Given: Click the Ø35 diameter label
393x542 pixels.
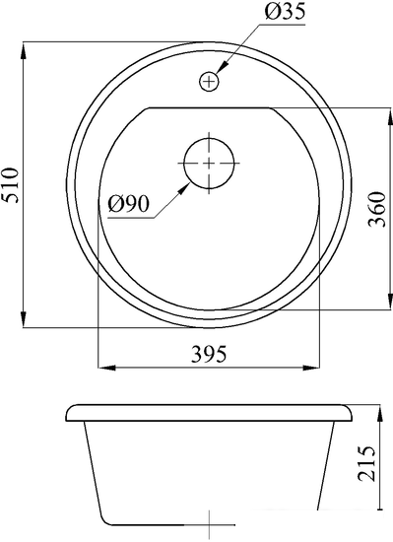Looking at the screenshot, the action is click(x=285, y=12).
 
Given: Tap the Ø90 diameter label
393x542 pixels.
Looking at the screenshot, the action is click(x=128, y=204).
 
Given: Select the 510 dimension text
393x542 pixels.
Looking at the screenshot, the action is click(x=9, y=185).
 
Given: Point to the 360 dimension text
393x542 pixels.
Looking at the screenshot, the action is click(x=376, y=209).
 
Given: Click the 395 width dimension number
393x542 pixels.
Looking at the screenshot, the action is click(x=209, y=354).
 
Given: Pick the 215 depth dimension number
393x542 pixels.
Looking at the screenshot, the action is click(x=366, y=464).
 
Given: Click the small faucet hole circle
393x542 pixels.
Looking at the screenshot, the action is click(x=209, y=82).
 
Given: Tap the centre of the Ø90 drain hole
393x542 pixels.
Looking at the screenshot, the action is click(x=209, y=164).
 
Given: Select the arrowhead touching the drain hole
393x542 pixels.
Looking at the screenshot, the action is click(x=184, y=189).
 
